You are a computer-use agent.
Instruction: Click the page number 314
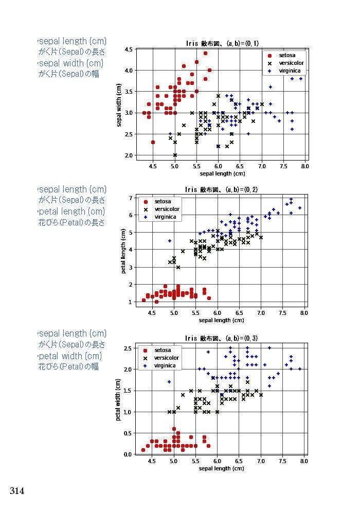click(x=17, y=491)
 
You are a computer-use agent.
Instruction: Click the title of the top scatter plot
click(x=222, y=43)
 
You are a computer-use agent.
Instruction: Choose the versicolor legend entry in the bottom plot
click(x=166, y=358)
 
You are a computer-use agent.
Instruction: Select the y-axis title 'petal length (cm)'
click(x=123, y=251)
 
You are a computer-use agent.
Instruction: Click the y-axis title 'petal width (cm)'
click(x=118, y=400)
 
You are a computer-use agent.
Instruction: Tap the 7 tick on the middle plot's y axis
click(x=131, y=198)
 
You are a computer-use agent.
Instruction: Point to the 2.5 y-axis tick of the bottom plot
click(x=128, y=348)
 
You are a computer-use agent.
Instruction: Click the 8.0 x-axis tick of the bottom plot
click(x=304, y=462)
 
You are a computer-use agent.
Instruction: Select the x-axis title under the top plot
click(x=222, y=173)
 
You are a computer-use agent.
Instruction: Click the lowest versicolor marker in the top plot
click(x=175, y=155)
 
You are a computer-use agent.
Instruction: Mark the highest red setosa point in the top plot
click(x=205, y=53)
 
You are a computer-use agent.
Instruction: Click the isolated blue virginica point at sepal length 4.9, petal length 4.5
click(x=170, y=241)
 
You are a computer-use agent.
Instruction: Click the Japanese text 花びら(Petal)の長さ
click(x=71, y=222)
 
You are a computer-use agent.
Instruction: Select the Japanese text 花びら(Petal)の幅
click(x=68, y=366)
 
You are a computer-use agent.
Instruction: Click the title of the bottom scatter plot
click(x=222, y=338)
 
